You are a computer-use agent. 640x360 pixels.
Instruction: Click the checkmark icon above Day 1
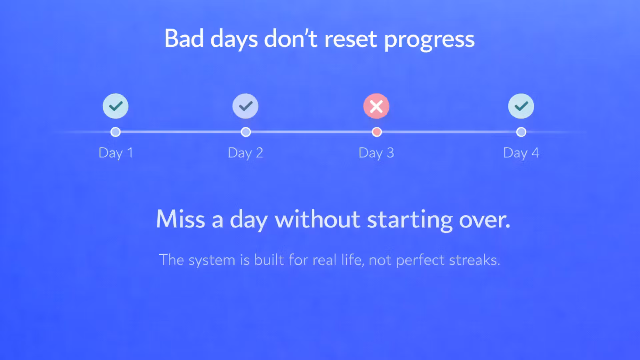click(115, 106)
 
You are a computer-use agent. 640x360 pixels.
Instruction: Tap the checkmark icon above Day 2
click(245, 106)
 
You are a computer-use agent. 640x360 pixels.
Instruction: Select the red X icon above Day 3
click(376, 106)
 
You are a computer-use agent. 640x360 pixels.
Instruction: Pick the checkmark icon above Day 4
click(521, 106)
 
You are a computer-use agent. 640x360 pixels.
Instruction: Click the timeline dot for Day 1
click(115, 132)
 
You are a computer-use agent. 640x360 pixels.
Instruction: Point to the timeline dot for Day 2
click(246, 132)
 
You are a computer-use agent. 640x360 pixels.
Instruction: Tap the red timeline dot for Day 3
click(377, 132)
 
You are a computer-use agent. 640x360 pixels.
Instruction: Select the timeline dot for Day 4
click(521, 132)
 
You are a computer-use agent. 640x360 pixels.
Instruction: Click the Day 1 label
click(116, 153)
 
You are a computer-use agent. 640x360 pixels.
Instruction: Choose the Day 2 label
click(245, 153)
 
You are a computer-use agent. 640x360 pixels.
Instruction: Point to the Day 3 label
click(376, 153)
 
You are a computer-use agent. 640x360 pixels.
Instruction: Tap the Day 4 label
click(521, 153)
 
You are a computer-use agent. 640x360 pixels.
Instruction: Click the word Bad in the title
click(184, 38)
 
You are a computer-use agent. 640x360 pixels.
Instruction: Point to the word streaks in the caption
click(475, 260)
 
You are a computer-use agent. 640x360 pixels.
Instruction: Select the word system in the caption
click(212, 261)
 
